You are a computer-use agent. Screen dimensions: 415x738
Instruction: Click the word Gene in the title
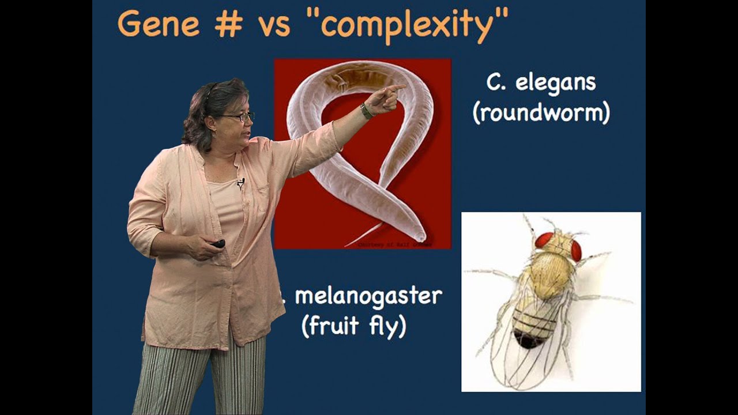(160, 24)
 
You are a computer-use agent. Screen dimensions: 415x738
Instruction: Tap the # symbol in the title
(228, 25)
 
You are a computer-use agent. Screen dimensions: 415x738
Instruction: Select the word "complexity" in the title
(414, 25)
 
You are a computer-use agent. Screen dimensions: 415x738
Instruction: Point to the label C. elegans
(540, 82)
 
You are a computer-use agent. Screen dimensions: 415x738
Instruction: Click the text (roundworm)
(541, 113)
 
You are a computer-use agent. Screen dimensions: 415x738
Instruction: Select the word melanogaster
(368, 296)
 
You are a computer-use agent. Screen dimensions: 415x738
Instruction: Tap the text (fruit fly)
(354, 326)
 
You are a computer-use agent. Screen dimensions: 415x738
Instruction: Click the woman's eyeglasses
(239, 117)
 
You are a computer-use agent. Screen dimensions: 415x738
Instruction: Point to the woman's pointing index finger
(396, 88)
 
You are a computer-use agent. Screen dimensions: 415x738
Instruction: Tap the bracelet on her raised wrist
(366, 110)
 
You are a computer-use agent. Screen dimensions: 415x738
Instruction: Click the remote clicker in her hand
(218, 243)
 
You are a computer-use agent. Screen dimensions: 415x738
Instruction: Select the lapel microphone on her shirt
(240, 183)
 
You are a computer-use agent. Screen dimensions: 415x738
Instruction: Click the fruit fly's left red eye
(544, 240)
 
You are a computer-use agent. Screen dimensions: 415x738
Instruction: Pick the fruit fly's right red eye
(576, 250)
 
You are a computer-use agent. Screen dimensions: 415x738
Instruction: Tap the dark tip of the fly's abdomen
(528, 340)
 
